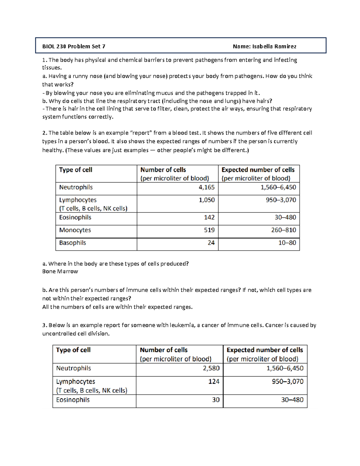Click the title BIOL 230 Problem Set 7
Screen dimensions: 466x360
(73, 46)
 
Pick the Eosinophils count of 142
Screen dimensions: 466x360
(209, 217)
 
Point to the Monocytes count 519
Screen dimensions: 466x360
(209, 230)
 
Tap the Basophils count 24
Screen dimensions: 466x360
(211, 243)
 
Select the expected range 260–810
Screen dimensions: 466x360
(283, 230)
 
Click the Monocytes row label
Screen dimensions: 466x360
(75, 230)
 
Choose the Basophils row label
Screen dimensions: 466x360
(72, 243)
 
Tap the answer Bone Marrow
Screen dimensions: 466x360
(60, 272)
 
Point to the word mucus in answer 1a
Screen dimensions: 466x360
(165, 93)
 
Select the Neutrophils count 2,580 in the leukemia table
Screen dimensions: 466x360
(211, 368)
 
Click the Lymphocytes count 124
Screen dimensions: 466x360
(214, 381)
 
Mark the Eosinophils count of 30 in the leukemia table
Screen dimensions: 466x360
(216, 400)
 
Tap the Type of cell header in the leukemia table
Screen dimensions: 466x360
(73, 350)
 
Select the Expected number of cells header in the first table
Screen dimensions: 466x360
(258, 170)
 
